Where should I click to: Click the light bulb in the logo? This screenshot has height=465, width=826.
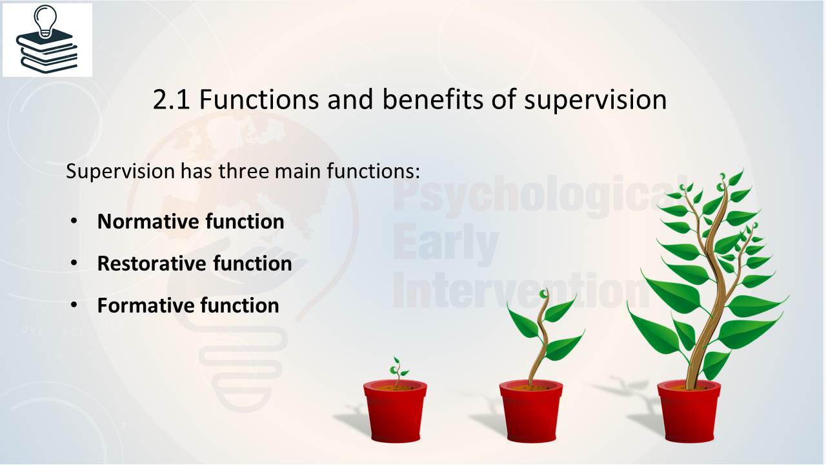[x=45, y=20]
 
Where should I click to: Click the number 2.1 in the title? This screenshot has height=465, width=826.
[x=172, y=99]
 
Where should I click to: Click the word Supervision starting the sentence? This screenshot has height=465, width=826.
[x=120, y=172]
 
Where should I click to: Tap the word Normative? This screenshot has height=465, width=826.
[x=148, y=222]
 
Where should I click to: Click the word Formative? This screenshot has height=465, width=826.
[x=146, y=305]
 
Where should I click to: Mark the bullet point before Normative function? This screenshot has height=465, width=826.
[x=74, y=221]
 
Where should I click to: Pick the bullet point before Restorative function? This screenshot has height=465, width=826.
[x=74, y=263]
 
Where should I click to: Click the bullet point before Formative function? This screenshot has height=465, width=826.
[x=74, y=305]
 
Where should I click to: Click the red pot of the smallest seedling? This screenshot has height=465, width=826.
[x=395, y=411]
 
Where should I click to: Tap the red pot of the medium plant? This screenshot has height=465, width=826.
[x=531, y=411]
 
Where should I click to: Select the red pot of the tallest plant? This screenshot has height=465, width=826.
[x=689, y=411]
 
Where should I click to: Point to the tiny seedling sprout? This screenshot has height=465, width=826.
[x=398, y=371]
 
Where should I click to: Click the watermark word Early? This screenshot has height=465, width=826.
[x=446, y=243]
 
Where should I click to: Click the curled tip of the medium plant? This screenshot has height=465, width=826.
[x=543, y=294]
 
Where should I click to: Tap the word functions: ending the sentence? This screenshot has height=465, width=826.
[x=373, y=171]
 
